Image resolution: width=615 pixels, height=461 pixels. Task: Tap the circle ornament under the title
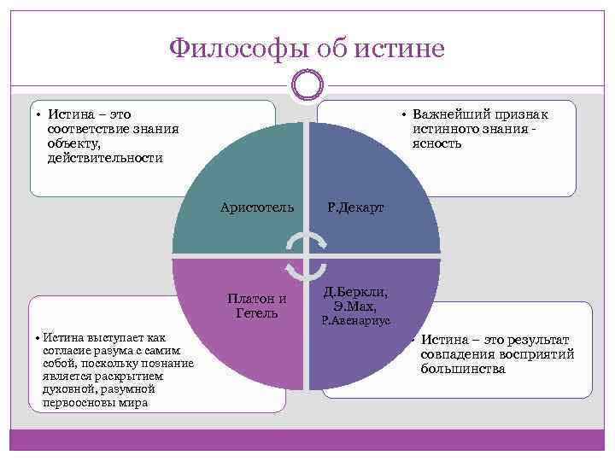click(307, 85)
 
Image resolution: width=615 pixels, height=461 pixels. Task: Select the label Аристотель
click(256, 207)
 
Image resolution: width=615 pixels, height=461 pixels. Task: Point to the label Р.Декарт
click(355, 207)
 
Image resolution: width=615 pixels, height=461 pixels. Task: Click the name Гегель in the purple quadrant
click(256, 313)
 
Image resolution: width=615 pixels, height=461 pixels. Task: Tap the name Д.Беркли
click(356, 293)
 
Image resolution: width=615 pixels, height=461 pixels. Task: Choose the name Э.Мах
click(355, 306)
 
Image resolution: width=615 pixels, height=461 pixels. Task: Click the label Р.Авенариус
click(355, 322)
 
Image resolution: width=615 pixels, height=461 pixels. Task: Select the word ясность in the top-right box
click(436, 143)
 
